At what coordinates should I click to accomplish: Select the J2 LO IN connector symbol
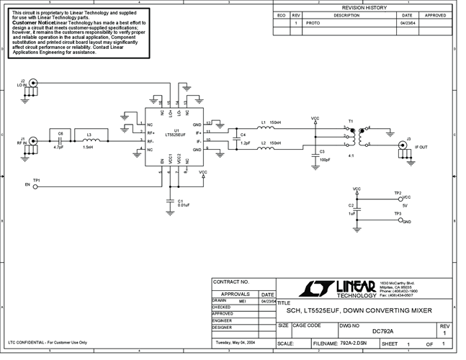pyautogui.click(x=32, y=84)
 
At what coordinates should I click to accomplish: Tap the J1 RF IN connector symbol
pyautogui.click(x=32, y=142)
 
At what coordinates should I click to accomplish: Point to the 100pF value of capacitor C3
pyautogui.click(x=325, y=159)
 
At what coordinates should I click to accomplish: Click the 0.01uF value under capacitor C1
pyautogui.click(x=183, y=204)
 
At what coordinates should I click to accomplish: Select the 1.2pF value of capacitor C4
pyautogui.click(x=245, y=143)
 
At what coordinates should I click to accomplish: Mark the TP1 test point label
pyautogui.click(x=36, y=179)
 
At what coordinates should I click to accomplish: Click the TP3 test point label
pyautogui.click(x=398, y=214)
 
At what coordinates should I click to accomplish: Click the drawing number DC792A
pyautogui.click(x=382, y=331)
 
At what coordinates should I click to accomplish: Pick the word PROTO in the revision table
pyautogui.click(x=313, y=23)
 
